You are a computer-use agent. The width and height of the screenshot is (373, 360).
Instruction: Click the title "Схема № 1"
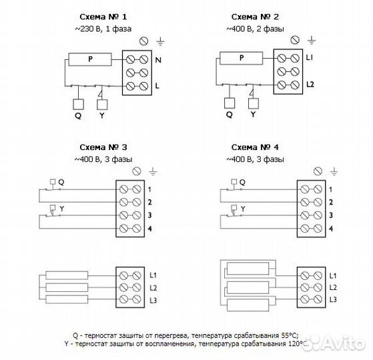click(x=103, y=17)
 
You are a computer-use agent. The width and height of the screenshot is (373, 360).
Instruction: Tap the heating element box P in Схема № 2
click(x=241, y=58)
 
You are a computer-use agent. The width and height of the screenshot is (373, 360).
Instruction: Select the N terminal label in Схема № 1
click(x=158, y=60)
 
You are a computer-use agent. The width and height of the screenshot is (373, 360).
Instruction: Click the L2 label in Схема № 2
click(x=310, y=85)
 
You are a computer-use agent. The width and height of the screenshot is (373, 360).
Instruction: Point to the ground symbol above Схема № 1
click(x=160, y=42)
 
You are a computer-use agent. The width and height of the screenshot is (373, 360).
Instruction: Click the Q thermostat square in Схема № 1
click(x=78, y=104)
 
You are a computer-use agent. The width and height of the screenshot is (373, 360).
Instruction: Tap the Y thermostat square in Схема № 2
click(x=254, y=103)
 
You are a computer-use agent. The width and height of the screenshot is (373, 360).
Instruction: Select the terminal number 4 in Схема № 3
click(x=150, y=229)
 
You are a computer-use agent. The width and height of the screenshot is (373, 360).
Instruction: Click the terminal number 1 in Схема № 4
click(x=330, y=189)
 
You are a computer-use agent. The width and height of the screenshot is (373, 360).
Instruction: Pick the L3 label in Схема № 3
click(x=153, y=301)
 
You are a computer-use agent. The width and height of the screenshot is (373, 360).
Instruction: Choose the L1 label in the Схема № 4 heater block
click(x=333, y=275)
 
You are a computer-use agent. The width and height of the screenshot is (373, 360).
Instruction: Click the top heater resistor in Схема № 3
click(x=67, y=275)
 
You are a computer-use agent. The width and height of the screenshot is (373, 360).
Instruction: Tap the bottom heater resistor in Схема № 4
click(x=248, y=305)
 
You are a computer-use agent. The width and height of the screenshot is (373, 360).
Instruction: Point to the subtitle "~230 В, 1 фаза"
click(x=103, y=29)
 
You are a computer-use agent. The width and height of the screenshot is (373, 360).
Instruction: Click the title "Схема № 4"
click(x=255, y=147)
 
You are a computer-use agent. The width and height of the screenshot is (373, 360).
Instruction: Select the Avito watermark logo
click(x=333, y=343)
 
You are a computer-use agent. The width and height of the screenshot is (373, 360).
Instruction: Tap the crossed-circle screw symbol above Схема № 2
click(x=295, y=40)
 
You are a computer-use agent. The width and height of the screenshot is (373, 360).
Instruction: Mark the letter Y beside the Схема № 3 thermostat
click(x=62, y=209)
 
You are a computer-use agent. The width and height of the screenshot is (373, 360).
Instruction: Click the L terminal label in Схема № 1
click(x=157, y=86)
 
